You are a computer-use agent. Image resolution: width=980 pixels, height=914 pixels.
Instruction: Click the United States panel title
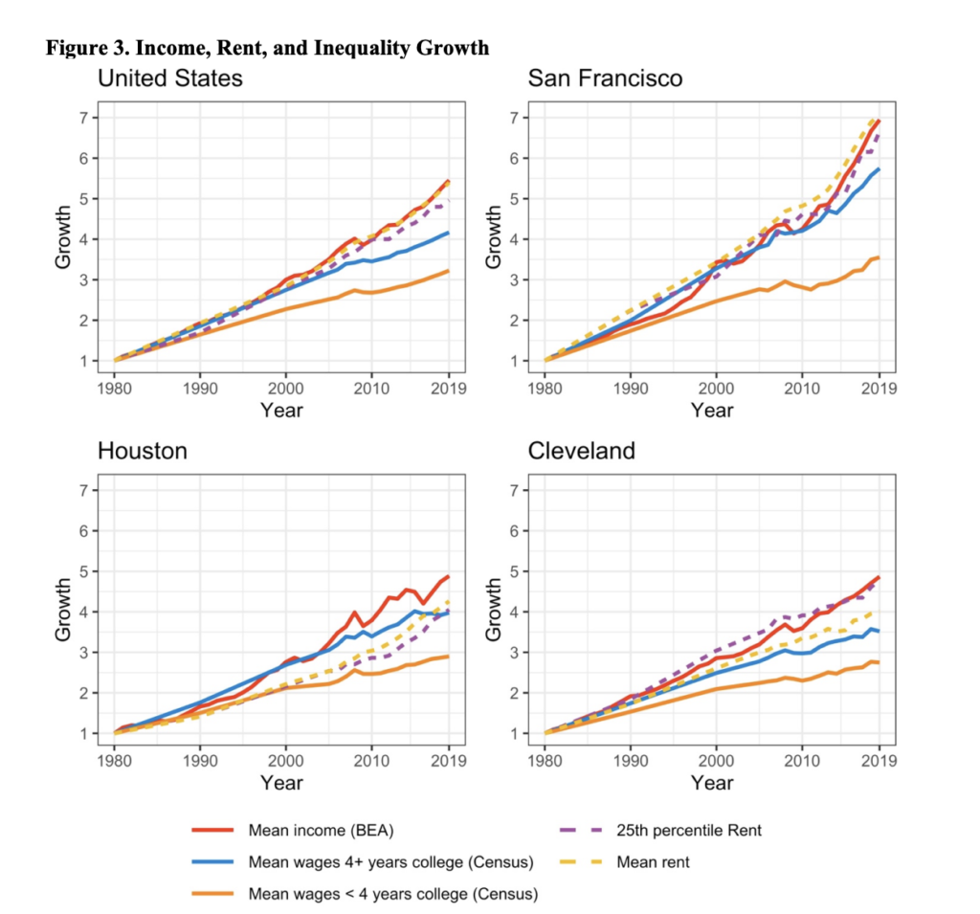[170, 78]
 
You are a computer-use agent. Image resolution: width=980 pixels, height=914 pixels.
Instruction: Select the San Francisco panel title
[605, 78]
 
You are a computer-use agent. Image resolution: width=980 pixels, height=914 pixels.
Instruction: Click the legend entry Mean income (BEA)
[314, 830]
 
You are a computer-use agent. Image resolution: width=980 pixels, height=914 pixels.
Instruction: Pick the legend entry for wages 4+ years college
[390, 862]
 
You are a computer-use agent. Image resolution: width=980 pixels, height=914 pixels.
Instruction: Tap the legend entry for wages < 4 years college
[392, 895]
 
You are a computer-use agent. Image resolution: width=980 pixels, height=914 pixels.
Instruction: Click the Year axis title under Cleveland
[712, 783]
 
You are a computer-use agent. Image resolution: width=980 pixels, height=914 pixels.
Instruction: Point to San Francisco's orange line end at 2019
[879, 257]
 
